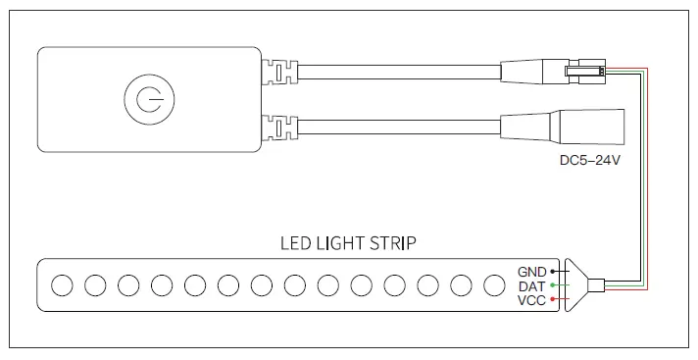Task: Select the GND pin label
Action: (x=532, y=271)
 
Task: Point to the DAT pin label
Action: (x=532, y=285)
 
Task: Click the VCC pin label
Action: (x=532, y=299)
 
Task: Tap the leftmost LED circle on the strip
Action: (x=62, y=285)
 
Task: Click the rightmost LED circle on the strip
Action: (x=494, y=285)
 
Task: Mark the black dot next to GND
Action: (x=554, y=271)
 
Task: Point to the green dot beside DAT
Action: (x=554, y=285)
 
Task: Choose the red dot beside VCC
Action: (x=554, y=299)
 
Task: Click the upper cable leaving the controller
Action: (x=392, y=73)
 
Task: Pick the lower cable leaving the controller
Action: (x=392, y=128)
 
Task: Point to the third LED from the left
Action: (x=128, y=285)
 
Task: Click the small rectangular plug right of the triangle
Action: (x=598, y=285)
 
